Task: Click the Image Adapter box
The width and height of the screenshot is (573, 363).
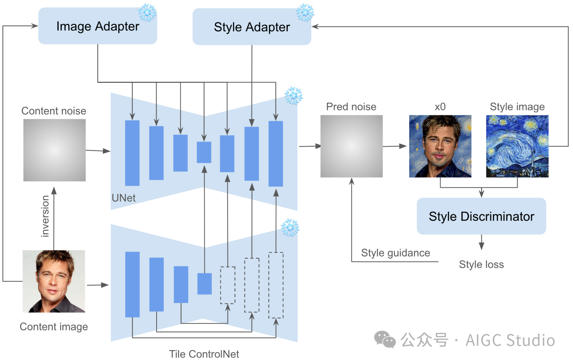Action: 97,26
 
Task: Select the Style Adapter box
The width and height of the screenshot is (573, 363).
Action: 251,27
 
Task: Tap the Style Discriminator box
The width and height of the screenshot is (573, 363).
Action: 481,216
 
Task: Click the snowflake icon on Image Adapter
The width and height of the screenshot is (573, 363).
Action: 147,13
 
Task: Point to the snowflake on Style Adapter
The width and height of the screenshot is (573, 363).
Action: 305,13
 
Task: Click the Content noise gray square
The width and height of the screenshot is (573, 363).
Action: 54,150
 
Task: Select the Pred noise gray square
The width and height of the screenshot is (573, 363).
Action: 351,146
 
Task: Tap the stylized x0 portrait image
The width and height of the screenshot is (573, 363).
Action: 440,146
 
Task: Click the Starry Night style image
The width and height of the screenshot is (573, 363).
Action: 517,146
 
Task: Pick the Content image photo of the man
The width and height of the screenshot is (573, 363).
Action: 54,281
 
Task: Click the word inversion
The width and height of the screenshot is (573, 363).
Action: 45,216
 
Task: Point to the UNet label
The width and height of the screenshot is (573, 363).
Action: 124,198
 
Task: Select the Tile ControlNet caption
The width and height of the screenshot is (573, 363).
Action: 204,354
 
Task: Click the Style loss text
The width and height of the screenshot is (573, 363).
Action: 481,264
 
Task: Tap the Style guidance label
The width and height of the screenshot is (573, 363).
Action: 395,253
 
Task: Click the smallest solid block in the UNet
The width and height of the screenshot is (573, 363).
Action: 204,152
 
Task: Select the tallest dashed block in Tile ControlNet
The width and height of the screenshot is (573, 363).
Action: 276,285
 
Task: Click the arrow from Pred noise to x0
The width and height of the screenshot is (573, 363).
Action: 395,146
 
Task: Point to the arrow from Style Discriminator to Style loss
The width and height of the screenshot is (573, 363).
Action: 481,242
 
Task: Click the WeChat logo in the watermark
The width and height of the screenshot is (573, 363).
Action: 385,339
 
